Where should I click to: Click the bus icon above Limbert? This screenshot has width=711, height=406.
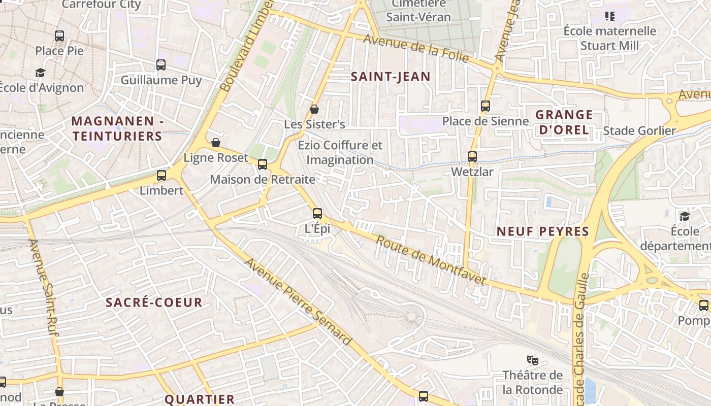[x=161, y=176]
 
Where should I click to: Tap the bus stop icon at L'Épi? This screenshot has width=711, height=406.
[x=317, y=214]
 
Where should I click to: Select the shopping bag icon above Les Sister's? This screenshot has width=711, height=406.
[x=314, y=109]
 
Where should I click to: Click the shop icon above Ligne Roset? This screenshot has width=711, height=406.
[x=216, y=143]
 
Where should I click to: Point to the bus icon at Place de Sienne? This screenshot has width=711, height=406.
[x=486, y=106]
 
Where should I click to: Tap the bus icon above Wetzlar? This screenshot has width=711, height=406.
[x=472, y=157]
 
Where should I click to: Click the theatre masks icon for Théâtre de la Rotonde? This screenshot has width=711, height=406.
[x=532, y=360]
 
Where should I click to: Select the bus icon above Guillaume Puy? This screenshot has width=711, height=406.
[x=161, y=65]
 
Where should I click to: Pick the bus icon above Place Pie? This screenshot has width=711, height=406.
[x=59, y=36]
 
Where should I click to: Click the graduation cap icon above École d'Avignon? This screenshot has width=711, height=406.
[x=41, y=73]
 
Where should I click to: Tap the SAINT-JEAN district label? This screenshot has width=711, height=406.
[x=391, y=77]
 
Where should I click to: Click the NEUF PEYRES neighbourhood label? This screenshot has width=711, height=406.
[x=542, y=231]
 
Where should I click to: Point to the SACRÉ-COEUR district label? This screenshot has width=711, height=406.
[x=154, y=302]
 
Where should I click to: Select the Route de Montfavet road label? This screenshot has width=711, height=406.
[x=431, y=260]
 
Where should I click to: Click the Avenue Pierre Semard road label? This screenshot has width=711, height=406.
[x=298, y=301]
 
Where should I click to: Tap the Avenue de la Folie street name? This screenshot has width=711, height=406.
[x=416, y=49]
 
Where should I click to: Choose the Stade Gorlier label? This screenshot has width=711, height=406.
[x=639, y=131]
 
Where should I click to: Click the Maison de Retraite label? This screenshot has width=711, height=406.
[x=262, y=179]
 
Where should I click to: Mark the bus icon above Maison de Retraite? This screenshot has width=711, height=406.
[x=263, y=164]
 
